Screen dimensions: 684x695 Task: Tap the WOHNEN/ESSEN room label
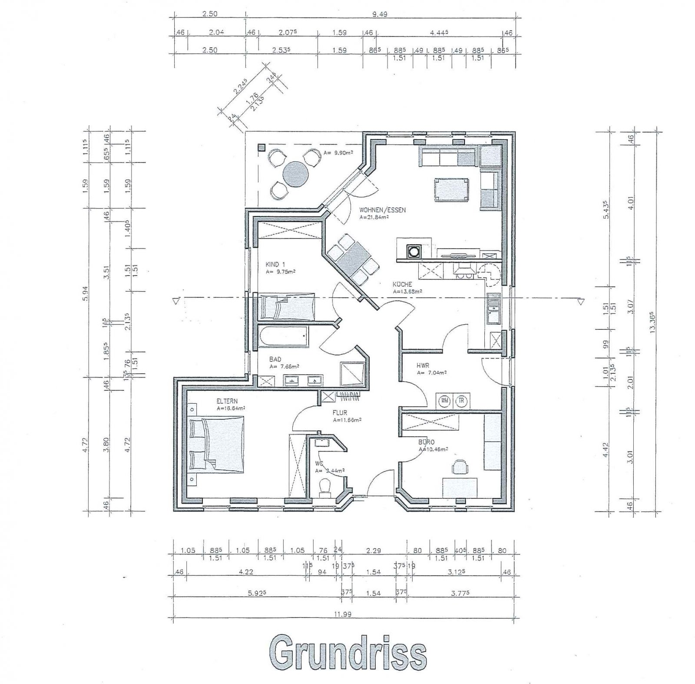(382, 210)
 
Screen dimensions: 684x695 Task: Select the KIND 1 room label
(275, 264)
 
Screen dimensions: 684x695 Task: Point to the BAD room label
(275, 359)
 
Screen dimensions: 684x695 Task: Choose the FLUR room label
(341, 413)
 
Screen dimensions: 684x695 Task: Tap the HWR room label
(423, 365)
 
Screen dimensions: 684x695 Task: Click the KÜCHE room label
(402, 285)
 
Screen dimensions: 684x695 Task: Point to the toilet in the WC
(325, 487)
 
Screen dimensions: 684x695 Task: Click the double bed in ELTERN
(217, 444)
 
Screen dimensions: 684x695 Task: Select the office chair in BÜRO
(460, 467)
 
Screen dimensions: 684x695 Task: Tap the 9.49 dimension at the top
(380, 14)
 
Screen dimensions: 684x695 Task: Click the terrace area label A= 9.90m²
(338, 153)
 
